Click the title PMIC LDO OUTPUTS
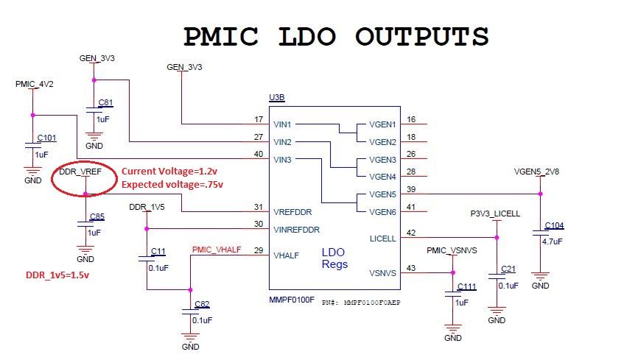[x=335, y=36]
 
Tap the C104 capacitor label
[x=554, y=226]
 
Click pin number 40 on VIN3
[x=258, y=153]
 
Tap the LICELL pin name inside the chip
[x=383, y=238]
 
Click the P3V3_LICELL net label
[x=495, y=213]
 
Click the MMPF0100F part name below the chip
[x=292, y=301]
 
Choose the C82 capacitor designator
[x=201, y=304]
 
